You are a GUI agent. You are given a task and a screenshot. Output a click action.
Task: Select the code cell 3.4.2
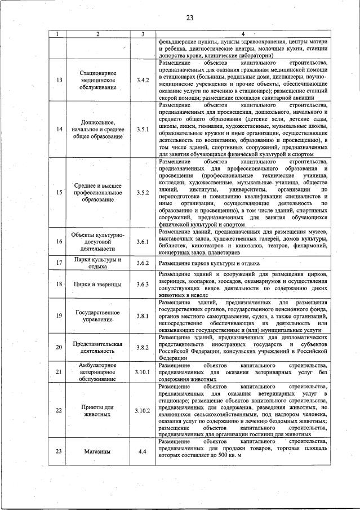(143, 80)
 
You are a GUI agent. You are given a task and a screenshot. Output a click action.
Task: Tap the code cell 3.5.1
(143, 129)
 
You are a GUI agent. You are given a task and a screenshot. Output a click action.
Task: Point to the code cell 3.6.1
(143, 242)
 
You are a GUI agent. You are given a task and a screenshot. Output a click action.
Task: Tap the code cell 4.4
(143, 451)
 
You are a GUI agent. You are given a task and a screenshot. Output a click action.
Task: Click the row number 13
(59, 80)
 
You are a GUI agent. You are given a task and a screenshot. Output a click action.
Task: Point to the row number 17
(59, 263)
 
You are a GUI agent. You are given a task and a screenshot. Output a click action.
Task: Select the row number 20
(59, 347)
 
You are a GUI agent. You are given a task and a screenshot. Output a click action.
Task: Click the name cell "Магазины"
(97, 451)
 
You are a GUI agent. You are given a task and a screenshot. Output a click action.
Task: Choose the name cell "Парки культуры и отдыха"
(97, 263)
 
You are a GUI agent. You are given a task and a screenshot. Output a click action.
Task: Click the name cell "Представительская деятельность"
(97, 347)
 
